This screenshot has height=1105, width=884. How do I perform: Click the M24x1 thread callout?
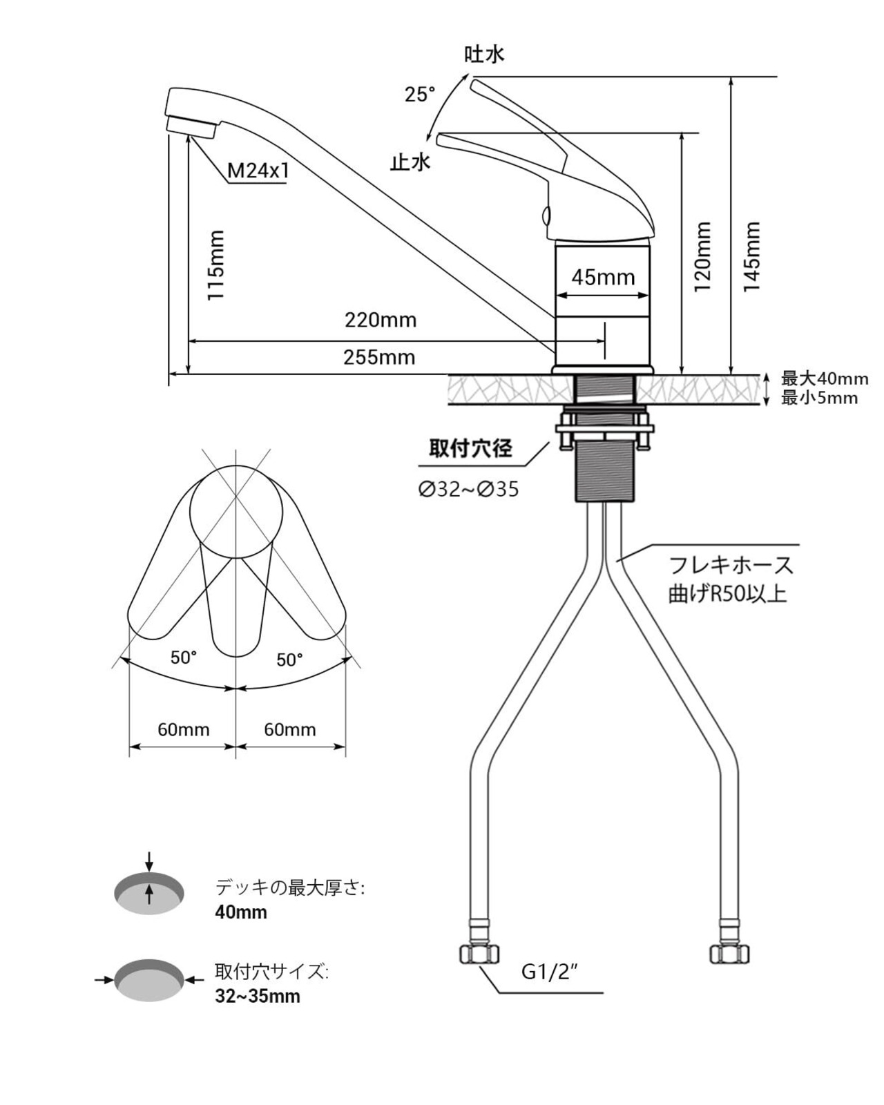258,171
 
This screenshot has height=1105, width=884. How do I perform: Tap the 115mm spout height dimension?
217,265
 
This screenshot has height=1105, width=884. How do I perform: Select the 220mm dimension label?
381,320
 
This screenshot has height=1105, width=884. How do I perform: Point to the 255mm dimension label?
379,357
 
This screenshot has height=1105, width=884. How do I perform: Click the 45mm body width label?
603,278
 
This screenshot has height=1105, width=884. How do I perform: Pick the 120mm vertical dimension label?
702,256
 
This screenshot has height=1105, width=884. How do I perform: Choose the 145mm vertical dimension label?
751,256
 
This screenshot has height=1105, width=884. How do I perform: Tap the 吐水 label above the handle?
484,55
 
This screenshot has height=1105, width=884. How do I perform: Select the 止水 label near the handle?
410,162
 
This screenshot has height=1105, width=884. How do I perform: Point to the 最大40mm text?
824,378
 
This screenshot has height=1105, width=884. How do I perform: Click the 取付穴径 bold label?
471,449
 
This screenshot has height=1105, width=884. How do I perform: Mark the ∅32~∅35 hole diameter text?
468,490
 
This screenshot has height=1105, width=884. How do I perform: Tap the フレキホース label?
731,566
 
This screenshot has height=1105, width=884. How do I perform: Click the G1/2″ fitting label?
549,972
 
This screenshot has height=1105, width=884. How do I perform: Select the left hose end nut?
479,954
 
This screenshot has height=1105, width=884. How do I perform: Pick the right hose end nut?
730,954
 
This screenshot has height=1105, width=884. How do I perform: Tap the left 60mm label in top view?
183,729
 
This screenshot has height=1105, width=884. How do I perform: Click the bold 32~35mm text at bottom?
258,997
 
